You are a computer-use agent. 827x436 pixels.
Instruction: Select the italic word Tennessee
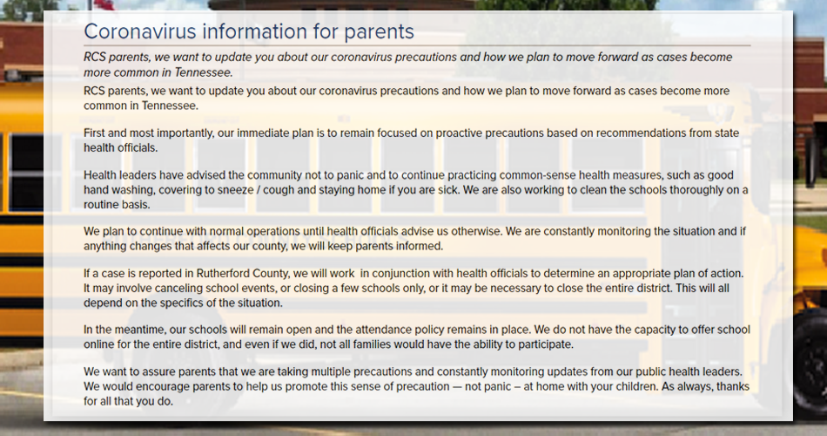[203, 72]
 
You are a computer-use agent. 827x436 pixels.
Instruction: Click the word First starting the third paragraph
[95, 133]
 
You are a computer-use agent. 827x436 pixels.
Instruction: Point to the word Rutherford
[222, 273]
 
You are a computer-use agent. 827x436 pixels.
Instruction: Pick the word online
[100, 344]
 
